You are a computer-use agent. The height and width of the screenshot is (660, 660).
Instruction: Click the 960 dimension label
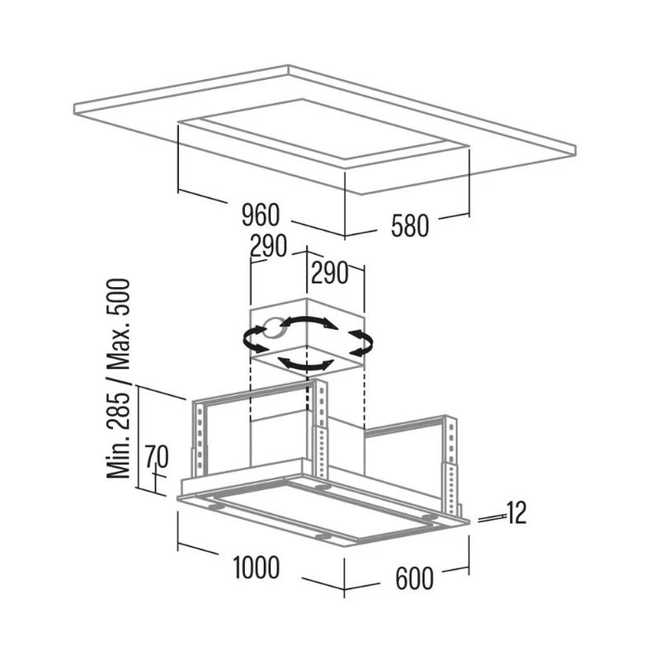[260, 215]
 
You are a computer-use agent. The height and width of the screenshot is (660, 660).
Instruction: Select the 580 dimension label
[409, 226]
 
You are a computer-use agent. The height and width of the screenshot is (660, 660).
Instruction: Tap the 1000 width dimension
[256, 568]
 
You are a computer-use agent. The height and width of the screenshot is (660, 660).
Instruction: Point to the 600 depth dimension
[414, 578]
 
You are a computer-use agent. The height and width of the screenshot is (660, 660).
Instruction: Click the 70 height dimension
[157, 456]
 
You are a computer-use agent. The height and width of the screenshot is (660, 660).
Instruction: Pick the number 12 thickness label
[516, 513]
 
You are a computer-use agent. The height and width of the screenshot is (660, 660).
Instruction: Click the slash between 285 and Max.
[119, 380]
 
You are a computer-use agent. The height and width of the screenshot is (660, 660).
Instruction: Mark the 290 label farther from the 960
[329, 273]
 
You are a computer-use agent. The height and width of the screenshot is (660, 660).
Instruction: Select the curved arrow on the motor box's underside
[305, 365]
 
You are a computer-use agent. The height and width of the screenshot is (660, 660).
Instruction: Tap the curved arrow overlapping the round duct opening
[256, 339]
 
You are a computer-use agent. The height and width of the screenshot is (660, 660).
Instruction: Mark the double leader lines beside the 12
[492, 519]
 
